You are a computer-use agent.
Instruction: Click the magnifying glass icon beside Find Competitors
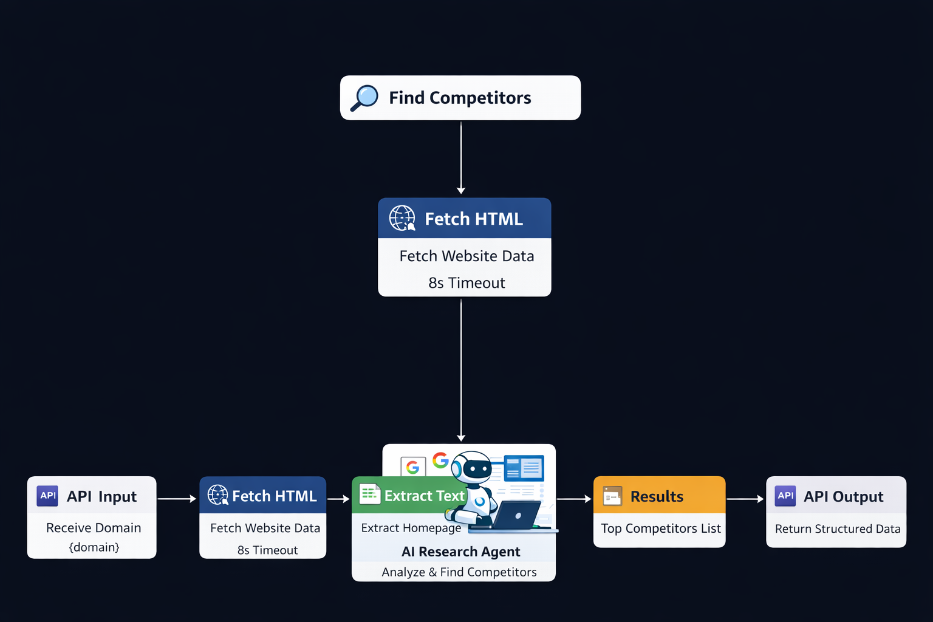[364, 98]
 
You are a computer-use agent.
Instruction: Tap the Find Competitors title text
[460, 98]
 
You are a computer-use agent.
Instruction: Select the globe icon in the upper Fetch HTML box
[402, 218]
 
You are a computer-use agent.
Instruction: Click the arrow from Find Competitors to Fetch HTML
[461, 158]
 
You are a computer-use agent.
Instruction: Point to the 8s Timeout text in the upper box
[466, 283]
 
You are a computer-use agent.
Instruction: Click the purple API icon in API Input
[47, 496]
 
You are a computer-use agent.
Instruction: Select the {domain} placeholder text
[94, 547]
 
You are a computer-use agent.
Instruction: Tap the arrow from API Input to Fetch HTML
[177, 499]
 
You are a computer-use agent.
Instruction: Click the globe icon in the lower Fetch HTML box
[217, 495]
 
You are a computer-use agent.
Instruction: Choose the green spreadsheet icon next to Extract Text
[369, 494]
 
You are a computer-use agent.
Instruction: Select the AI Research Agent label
[460, 552]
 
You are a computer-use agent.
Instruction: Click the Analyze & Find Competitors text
[459, 572]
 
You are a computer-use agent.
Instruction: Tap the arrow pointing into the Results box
[574, 499]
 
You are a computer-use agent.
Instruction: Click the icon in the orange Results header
[612, 496]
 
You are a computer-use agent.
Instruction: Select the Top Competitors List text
[661, 528]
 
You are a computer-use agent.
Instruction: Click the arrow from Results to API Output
[745, 499]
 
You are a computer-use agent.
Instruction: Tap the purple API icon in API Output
[785, 496]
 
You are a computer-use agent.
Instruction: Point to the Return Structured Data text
[838, 529]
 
